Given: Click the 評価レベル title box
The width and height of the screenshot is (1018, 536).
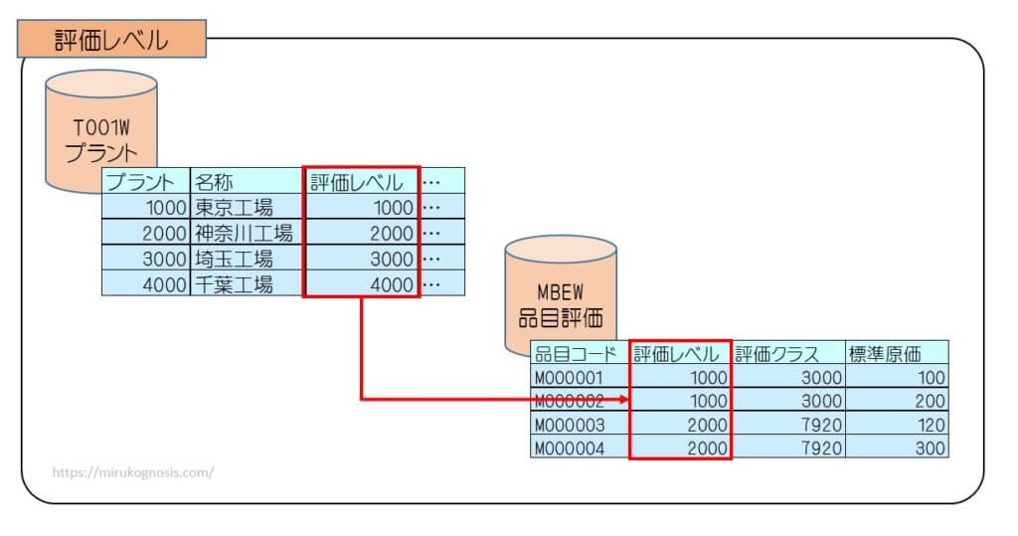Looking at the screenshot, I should click(x=111, y=41).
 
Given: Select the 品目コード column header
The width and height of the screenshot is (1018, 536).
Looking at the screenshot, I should click(x=581, y=353).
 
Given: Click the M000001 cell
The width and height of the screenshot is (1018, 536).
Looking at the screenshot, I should click(x=581, y=377).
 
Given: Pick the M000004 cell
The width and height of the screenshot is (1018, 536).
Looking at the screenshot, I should click(x=581, y=447).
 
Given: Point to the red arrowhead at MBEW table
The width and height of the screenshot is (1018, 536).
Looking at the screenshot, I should click(x=623, y=400).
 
